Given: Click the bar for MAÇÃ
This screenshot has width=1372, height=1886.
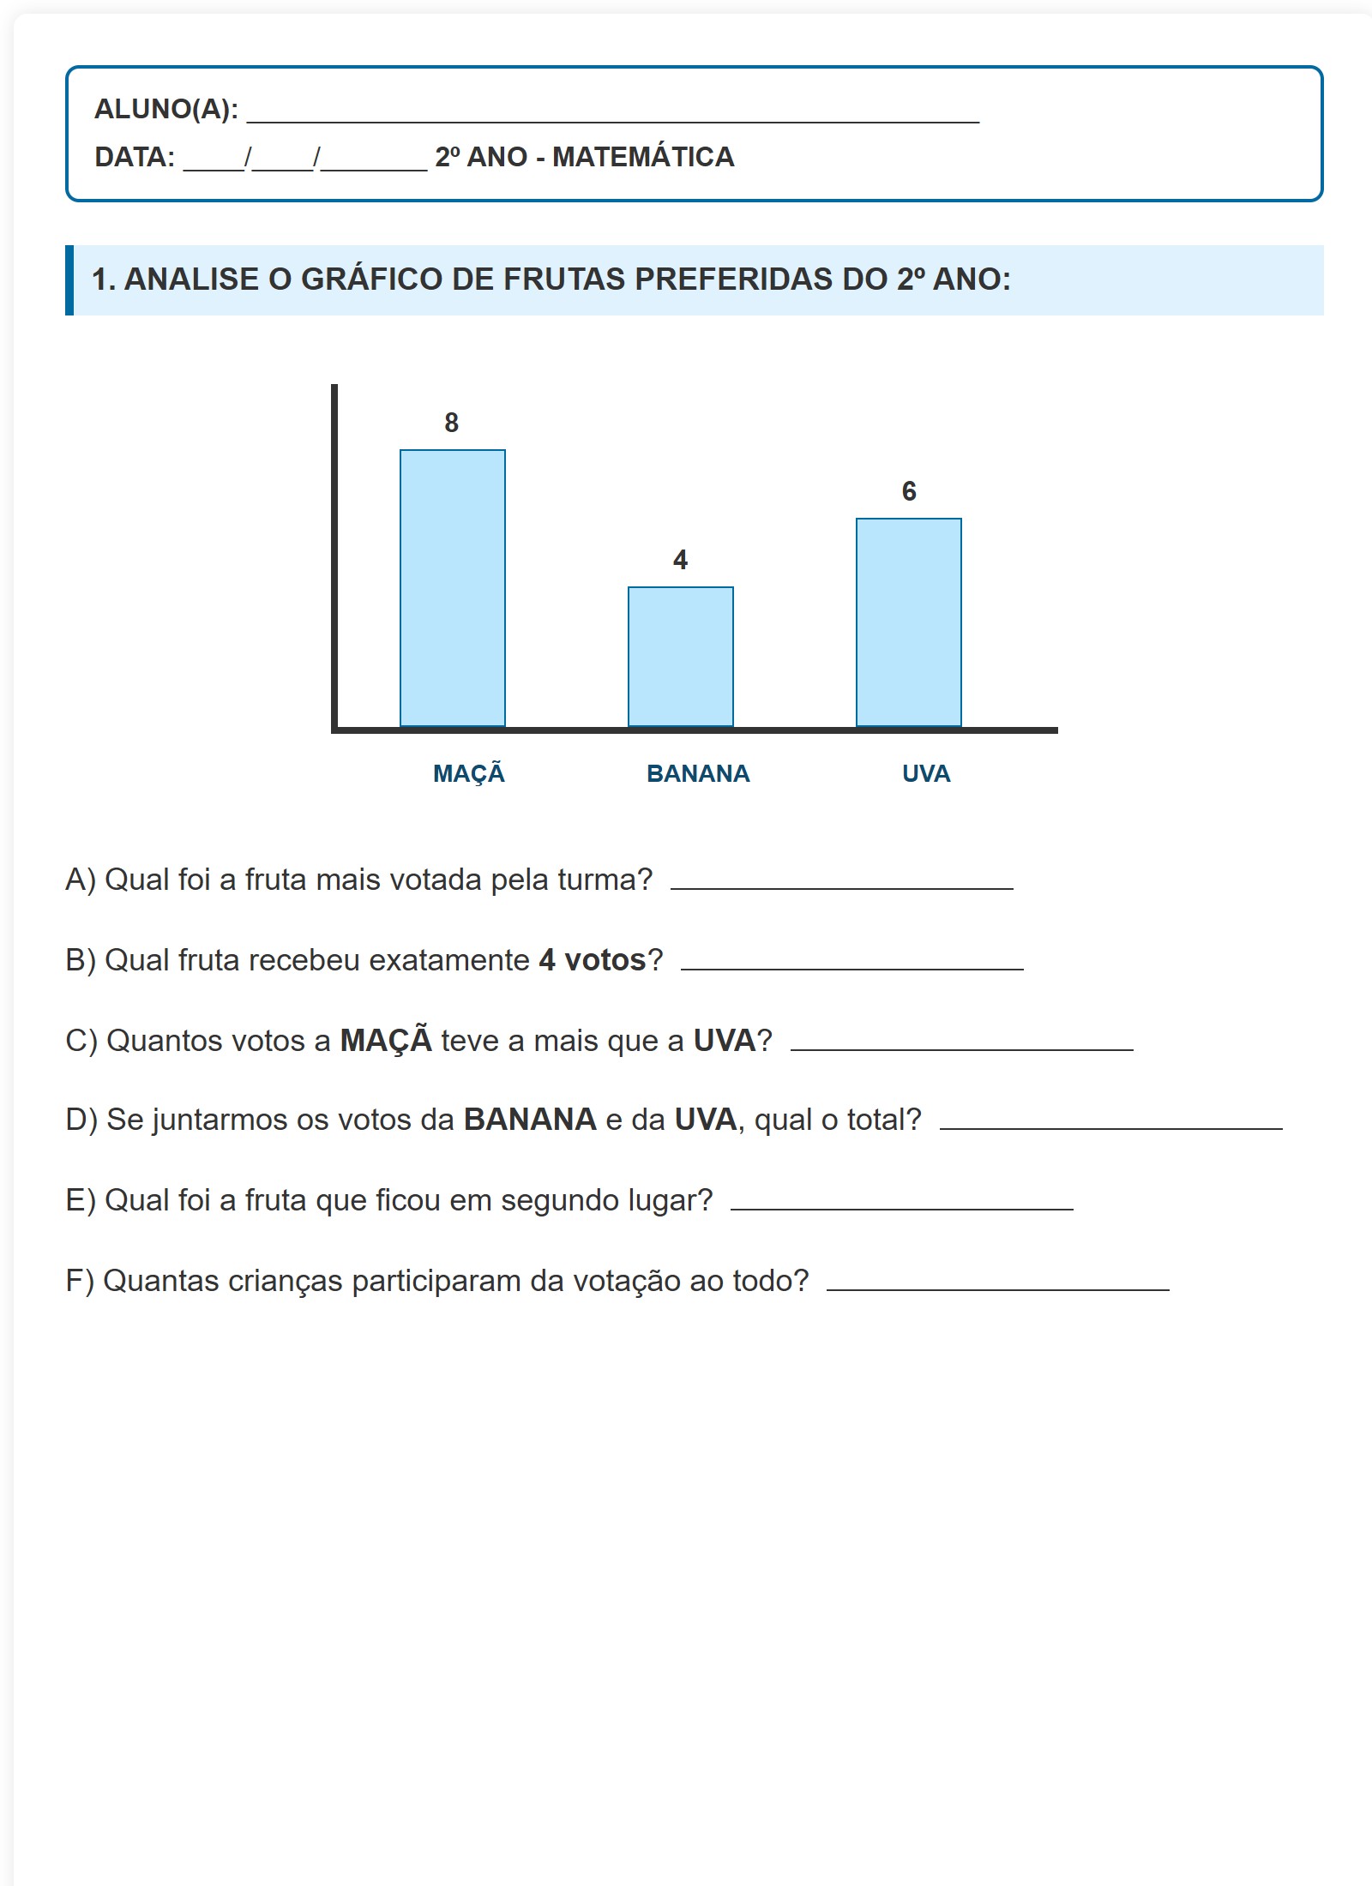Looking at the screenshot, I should (x=453, y=588).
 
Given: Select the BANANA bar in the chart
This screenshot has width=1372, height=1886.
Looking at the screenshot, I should (x=681, y=657).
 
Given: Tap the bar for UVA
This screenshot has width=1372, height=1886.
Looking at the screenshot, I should (x=909, y=622).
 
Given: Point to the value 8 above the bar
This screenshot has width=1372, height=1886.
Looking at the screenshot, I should (x=452, y=423).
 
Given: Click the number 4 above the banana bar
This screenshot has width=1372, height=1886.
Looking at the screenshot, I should (x=681, y=560).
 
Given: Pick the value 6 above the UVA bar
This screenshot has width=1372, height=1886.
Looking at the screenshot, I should (x=909, y=491).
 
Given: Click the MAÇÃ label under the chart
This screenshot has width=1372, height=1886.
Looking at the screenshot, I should (x=469, y=773).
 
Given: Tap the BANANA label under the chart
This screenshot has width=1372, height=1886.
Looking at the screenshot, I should (x=698, y=773).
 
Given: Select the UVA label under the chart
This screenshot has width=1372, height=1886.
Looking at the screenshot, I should (x=926, y=773).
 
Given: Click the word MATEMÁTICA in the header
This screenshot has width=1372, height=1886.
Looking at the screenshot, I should (x=643, y=157).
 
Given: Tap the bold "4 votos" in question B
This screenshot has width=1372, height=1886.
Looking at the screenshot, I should (x=592, y=960).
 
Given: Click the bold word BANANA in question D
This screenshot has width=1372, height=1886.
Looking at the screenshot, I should (x=530, y=1120).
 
